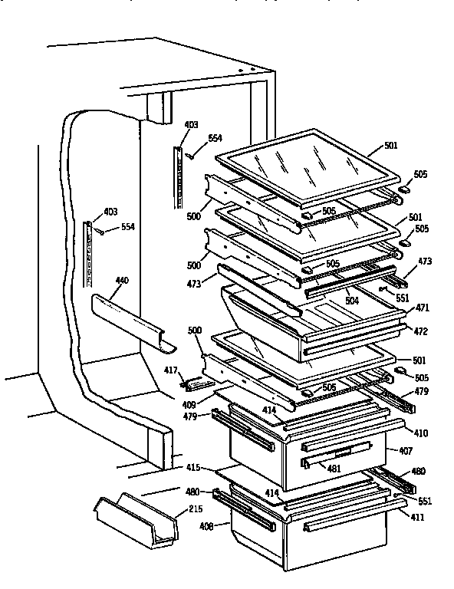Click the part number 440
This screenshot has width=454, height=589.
122,281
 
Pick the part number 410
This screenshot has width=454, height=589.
421,433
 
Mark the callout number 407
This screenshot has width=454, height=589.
405,450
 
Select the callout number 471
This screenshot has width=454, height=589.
421,307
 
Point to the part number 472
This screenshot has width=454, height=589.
420,331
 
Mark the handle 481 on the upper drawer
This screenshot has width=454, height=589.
337,459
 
